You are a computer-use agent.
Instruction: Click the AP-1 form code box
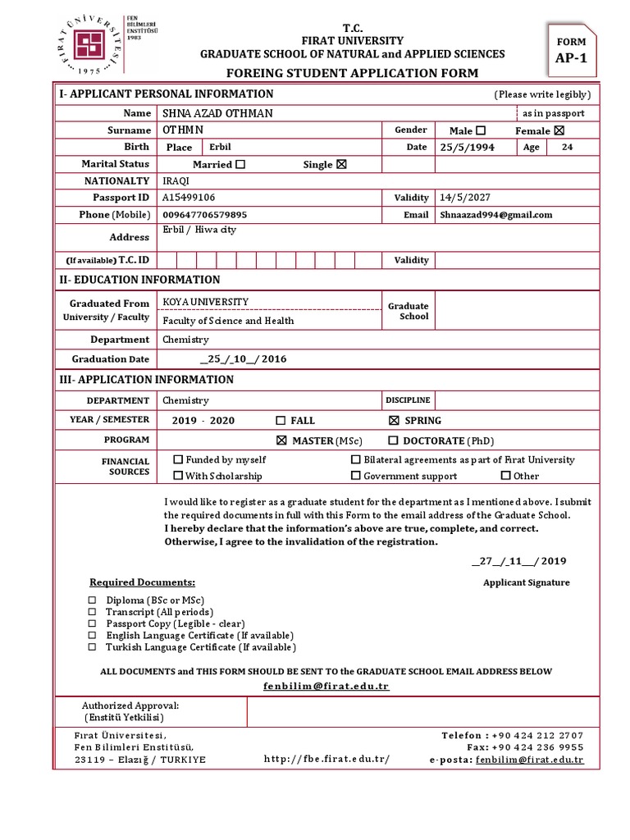[x=571, y=51]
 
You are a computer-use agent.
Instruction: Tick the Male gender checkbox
[x=481, y=130]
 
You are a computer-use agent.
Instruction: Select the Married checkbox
[x=240, y=164]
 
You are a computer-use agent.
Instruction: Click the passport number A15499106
[x=189, y=198]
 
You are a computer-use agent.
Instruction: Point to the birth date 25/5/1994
[x=467, y=148]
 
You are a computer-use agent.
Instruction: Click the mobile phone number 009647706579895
[x=204, y=215]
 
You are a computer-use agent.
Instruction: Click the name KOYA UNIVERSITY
[x=205, y=302]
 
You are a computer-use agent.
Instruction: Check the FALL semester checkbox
[x=281, y=421]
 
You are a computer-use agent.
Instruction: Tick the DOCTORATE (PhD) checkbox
[x=395, y=441]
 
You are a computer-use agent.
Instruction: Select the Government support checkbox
[x=356, y=476]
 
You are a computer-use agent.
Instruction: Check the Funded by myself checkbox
[x=178, y=460]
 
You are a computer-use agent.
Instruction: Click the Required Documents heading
[x=142, y=582]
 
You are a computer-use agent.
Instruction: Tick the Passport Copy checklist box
[x=92, y=624]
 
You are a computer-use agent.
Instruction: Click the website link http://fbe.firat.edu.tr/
[x=326, y=759]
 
